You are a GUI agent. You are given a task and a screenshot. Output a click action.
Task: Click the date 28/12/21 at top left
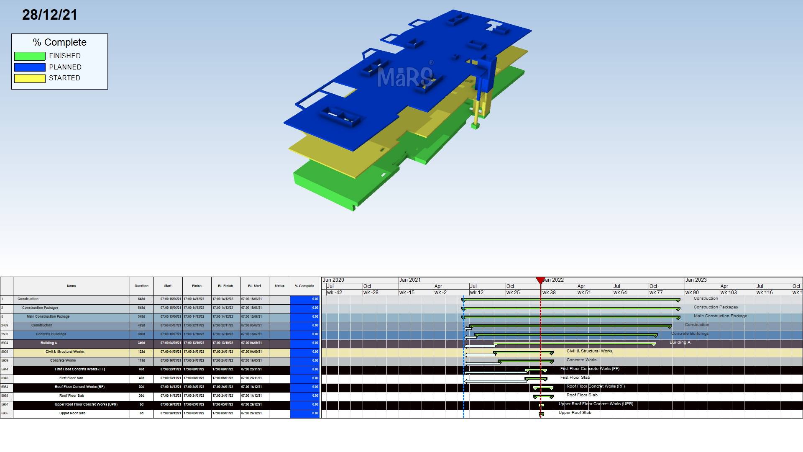[x=50, y=15]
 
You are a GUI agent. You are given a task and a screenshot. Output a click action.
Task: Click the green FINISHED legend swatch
[x=30, y=56]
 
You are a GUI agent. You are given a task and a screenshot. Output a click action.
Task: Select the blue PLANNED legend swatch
[x=30, y=67]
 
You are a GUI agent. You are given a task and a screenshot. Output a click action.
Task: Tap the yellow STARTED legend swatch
[x=30, y=78]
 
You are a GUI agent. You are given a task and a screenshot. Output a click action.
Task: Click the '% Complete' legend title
[x=60, y=42]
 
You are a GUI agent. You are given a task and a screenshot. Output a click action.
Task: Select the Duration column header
[x=141, y=286]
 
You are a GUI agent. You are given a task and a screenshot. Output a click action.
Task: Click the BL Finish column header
[x=225, y=286]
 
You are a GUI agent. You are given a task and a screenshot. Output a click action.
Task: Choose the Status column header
[x=279, y=286]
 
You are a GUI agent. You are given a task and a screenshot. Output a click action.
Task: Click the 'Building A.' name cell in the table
[x=49, y=343]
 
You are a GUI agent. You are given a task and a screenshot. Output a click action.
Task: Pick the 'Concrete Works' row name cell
[x=63, y=361]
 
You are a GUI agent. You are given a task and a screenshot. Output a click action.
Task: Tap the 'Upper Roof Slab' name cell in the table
[x=72, y=413]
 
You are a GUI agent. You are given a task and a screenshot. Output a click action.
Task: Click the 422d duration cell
[x=141, y=326]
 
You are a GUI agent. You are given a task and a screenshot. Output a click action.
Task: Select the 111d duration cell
[x=141, y=361]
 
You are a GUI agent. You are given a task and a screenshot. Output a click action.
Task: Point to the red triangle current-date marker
[x=540, y=280]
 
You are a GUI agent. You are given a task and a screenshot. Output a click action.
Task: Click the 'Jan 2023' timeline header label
[x=696, y=280]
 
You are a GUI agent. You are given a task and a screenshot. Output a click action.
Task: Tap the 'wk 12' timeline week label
[x=476, y=293]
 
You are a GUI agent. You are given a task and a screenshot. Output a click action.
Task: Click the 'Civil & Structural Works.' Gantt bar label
[x=589, y=351]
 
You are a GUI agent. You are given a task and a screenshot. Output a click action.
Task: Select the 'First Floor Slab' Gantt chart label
[x=575, y=378]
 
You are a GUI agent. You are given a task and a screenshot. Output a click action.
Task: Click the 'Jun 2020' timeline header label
[x=333, y=280]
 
